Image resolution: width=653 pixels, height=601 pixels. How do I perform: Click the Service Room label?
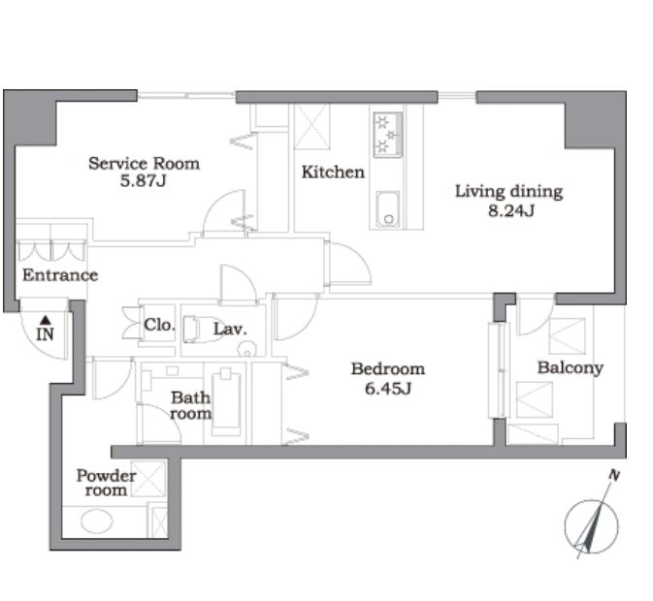coord(145,164)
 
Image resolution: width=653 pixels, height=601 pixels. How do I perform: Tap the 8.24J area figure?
coord(511,211)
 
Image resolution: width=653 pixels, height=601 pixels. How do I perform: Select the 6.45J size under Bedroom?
coord(388,389)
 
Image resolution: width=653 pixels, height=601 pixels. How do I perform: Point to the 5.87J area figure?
coord(144,181)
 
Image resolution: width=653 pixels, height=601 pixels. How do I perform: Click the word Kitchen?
coord(333,173)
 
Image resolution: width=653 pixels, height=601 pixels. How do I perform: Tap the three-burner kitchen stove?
coord(388,135)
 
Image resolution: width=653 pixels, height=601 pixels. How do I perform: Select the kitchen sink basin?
coord(388,209)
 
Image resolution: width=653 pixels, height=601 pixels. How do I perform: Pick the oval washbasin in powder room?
coord(97,522)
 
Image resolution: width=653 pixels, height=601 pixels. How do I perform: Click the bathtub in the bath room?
coord(226,403)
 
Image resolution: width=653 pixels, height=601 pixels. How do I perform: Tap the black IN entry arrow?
coord(46,320)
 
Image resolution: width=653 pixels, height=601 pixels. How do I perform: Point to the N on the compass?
coord(614,475)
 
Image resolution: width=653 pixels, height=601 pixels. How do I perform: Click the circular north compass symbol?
coord(591,526)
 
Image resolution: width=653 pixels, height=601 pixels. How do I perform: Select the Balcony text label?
coord(571,367)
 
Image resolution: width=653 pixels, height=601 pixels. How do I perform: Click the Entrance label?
coord(60,275)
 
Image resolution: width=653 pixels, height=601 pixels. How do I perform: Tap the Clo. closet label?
coord(159,325)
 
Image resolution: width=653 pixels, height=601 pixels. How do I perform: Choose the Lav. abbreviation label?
coord(230,329)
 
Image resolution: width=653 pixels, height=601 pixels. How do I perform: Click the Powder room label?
coord(106,483)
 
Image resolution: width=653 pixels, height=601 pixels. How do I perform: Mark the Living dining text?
coord(508,191)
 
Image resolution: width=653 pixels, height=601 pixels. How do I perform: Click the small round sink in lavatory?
coord(246,349)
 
